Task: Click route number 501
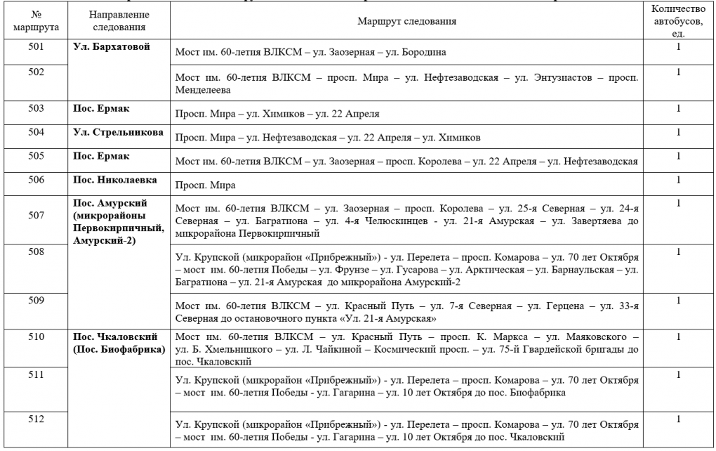[36, 47]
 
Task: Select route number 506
[36, 179]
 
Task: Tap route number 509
[36, 301]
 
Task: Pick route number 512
[36, 420]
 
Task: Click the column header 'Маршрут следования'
[406, 21]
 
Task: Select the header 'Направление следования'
[118, 21]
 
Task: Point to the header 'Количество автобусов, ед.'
[678, 20]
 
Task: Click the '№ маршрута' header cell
[36, 21]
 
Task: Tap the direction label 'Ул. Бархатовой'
[107, 47]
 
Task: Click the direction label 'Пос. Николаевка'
[112, 179]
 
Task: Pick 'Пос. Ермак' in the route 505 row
[100, 155]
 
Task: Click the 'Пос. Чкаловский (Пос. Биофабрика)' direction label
[119, 342]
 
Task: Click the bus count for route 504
[678, 131]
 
